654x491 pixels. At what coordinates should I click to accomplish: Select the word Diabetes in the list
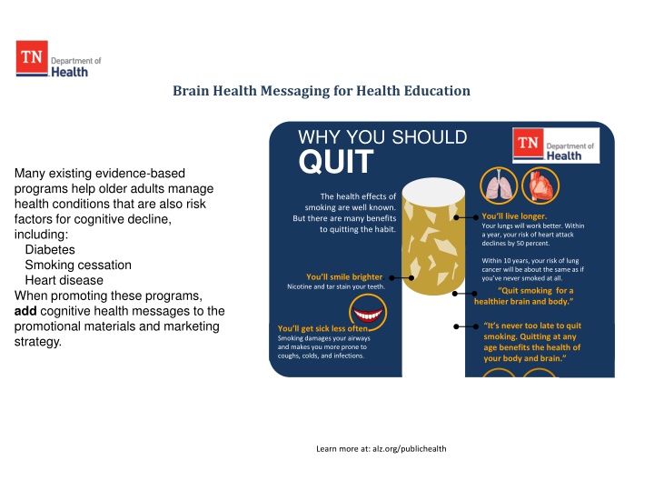click(x=50, y=249)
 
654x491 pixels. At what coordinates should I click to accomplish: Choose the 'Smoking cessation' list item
click(x=78, y=265)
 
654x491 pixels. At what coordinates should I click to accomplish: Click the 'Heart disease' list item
click(x=64, y=280)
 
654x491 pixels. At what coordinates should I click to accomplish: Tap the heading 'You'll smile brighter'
click(x=344, y=276)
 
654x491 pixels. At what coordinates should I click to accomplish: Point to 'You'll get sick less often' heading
click(x=322, y=329)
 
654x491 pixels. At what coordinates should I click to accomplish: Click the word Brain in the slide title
click(x=193, y=91)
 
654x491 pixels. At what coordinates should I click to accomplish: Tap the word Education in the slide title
click(x=439, y=91)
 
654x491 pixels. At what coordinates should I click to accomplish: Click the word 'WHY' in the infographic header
click(x=319, y=138)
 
